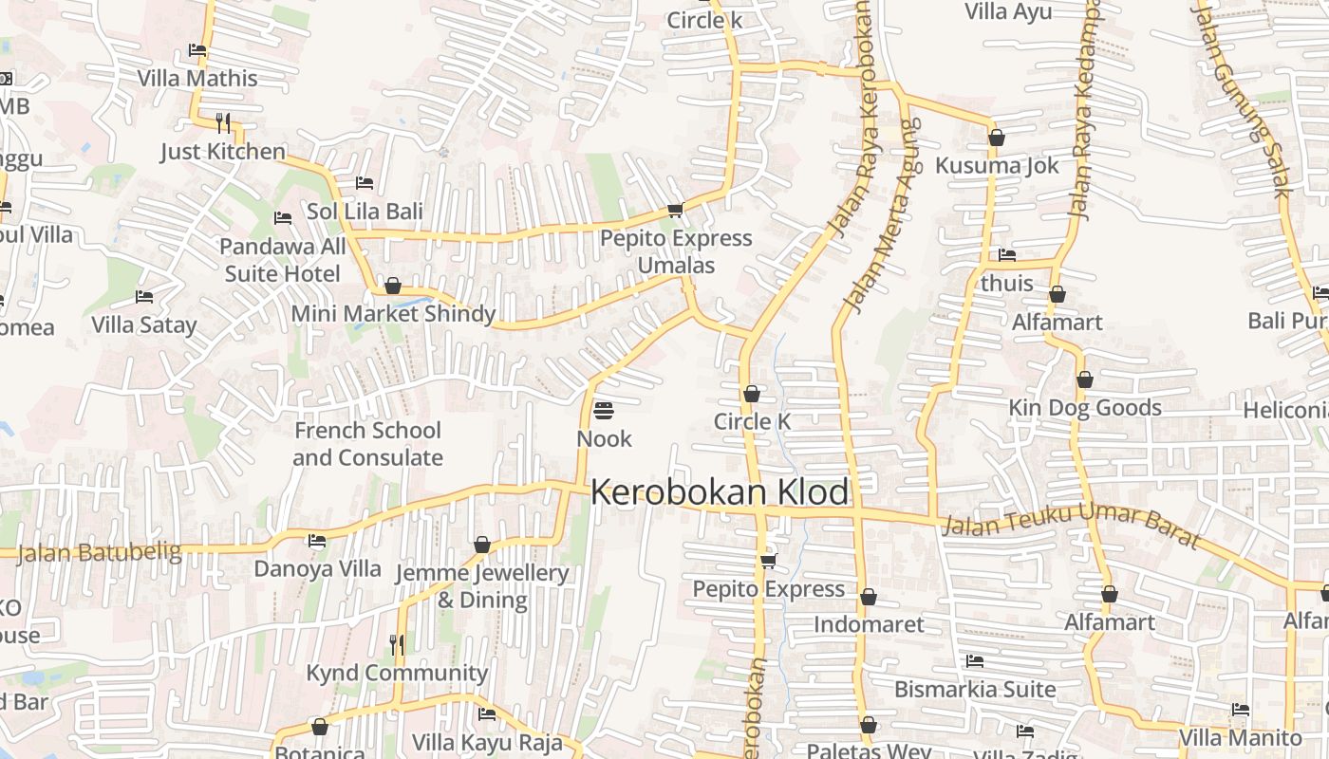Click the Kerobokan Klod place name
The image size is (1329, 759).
pos(720,492)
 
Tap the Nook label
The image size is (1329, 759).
pos(604,438)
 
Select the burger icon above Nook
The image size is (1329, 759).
pos(604,411)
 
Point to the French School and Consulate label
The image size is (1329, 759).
pos(367,444)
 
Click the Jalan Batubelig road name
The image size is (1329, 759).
pos(99,552)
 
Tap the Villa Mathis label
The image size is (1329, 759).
pos(197,78)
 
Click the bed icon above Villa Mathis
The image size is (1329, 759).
pos(197,50)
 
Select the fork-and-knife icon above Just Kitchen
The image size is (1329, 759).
pos(223,122)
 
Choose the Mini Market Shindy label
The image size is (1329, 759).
pos(393,313)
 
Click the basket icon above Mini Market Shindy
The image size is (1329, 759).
pos(393,286)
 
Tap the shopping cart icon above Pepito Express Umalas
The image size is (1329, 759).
pos(675,210)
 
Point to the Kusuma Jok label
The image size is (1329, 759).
pos(997,165)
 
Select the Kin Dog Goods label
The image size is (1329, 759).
pos(1084,408)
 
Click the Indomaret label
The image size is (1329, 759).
pos(869,624)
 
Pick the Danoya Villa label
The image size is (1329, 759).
pos(317,568)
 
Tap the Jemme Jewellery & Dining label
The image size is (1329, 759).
pos(481,586)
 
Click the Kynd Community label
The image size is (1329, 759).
pos(397,673)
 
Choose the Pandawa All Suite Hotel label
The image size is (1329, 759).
pos(282,260)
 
